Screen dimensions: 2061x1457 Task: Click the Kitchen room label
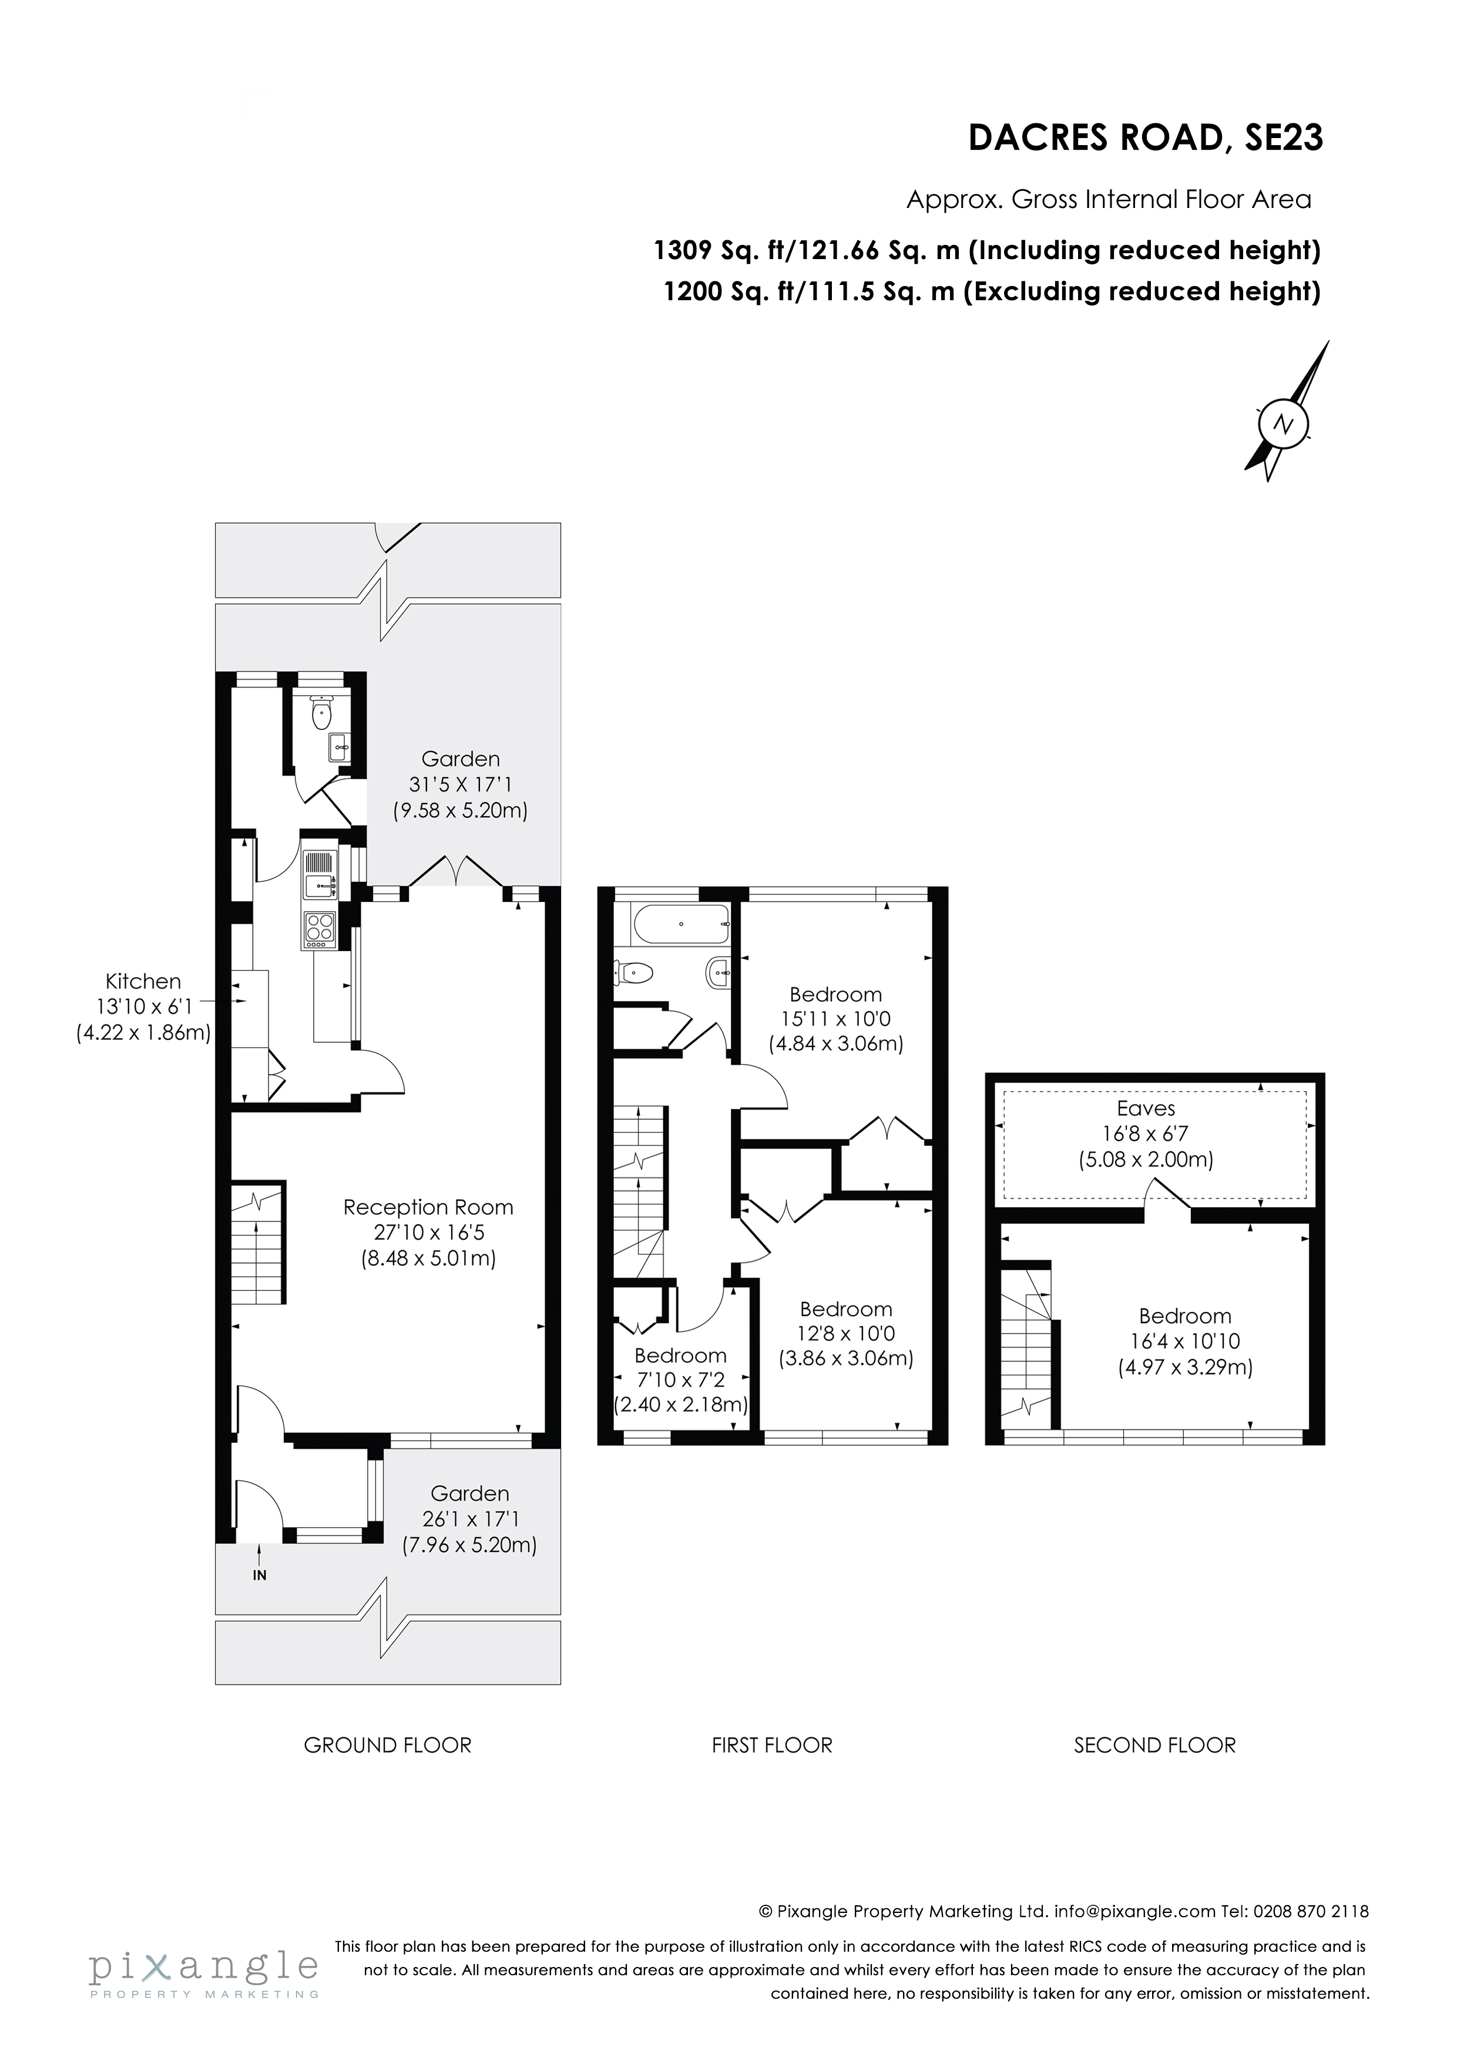[143, 981]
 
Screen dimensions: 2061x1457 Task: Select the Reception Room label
[428, 1207]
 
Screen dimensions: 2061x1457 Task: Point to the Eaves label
[1146, 1109]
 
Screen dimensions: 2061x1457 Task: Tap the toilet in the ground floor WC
[321, 714]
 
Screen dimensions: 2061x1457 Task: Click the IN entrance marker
[260, 1575]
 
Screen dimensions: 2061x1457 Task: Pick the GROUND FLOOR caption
[387, 1745]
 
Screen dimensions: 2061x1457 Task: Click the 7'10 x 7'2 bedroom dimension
[680, 1379]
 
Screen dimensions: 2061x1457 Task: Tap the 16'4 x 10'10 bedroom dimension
[1185, 1341]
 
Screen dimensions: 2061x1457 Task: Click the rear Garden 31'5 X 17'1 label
[461, 784]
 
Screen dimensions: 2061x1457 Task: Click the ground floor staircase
[258, 1243]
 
